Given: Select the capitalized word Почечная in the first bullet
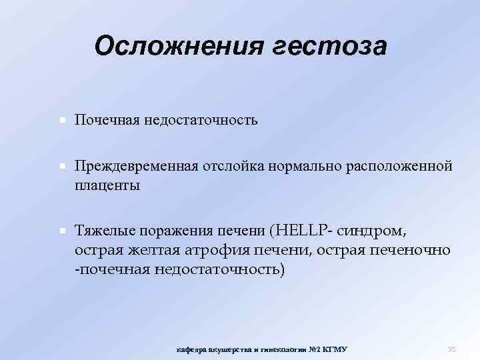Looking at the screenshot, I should coord(106,121).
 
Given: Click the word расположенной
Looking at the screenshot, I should coord(400,165).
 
